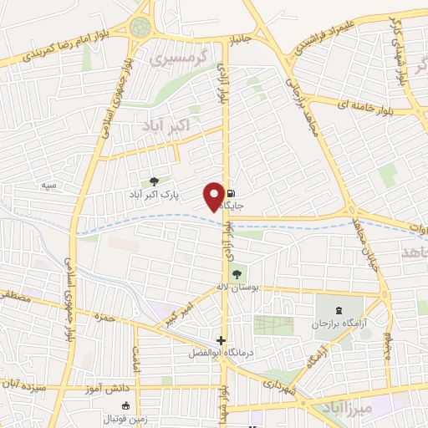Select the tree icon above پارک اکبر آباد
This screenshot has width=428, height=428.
click(x=153, y=181)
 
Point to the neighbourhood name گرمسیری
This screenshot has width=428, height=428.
click(x=175, y=60)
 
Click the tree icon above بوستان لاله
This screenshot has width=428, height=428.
click(x=237, y=273)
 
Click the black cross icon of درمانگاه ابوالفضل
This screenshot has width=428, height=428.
click(x=221, y=340)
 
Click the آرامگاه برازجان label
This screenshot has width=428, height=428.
click(x=339, y=323)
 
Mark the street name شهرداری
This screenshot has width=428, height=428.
click(x=273, y=383)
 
